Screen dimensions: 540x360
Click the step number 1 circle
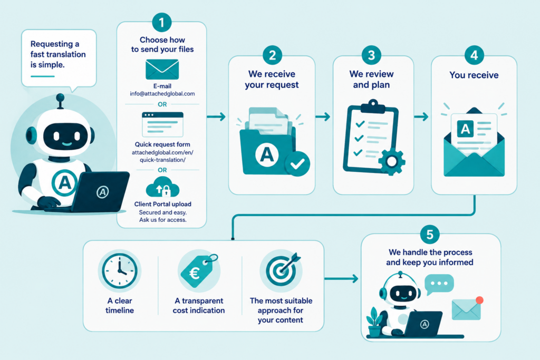coord(161,23)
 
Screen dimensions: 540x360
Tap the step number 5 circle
coord(430,235)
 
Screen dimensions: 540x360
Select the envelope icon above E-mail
coord(162,69)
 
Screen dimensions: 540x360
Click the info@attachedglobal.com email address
coord(162,94)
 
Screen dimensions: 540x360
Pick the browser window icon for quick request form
coord(162,124)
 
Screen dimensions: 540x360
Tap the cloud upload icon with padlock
coord(162,187)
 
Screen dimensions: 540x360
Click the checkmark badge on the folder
coord(297,164)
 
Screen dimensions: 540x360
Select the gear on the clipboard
coord(392,161)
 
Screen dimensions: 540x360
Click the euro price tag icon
coord(199,270)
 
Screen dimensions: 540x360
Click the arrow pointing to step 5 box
coord(341,278)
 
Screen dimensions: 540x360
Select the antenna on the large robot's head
coord(60,101)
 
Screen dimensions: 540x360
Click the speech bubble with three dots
coord(439,284)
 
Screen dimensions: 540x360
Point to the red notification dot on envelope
coord(479,300)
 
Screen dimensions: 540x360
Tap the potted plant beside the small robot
coord(374,322)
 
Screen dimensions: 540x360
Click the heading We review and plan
coord(371,79)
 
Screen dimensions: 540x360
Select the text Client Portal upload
coord(162,204)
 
